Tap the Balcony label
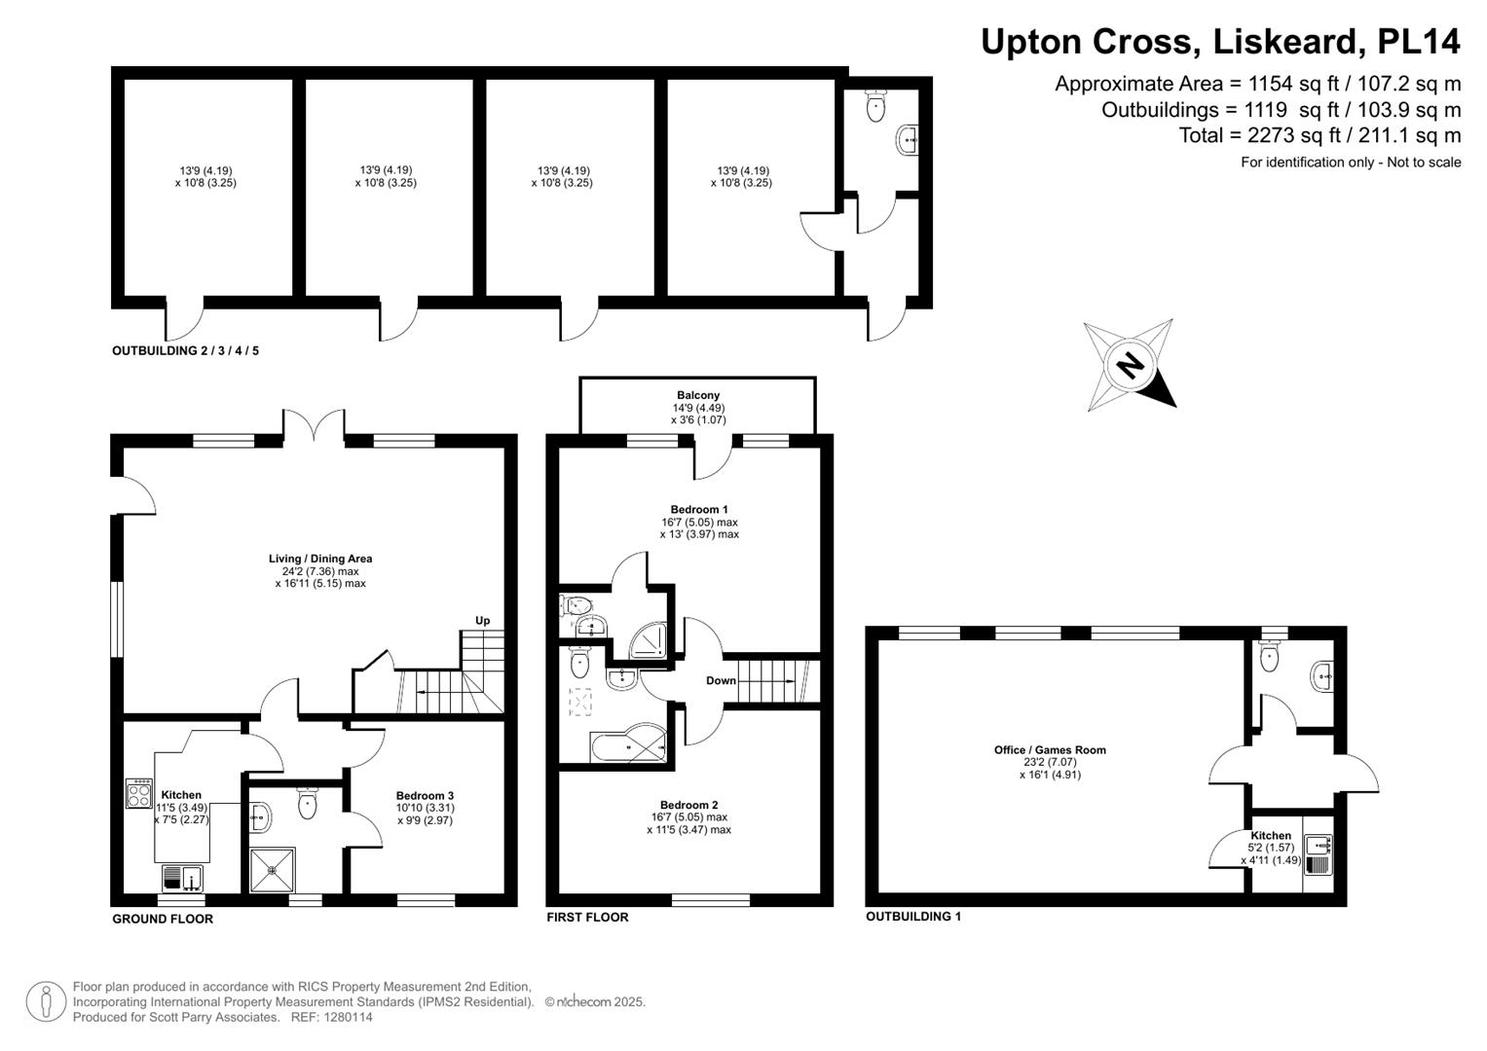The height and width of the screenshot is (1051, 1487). coord(698,395)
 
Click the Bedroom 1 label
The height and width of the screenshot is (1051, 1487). coord(699,509)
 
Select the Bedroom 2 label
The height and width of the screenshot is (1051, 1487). coord(688,805)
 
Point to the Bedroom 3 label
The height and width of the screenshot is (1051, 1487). coord(425,795)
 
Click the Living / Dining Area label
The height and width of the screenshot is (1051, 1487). coord(320,559)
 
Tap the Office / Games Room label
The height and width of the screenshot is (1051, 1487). coord(1050,749)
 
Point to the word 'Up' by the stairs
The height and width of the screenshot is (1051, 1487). coord(482,621)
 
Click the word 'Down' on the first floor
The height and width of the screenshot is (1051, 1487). coord(721,680)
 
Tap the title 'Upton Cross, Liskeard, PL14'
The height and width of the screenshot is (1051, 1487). coord(1220,42)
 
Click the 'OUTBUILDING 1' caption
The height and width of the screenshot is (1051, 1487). coord(912,917)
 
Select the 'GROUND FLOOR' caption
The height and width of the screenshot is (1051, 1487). coord(162,919)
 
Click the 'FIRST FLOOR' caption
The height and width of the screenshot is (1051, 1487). coord(587,917)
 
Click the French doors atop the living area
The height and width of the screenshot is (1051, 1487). coord(314,426)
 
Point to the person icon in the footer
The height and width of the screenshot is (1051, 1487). coord(46,1002)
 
